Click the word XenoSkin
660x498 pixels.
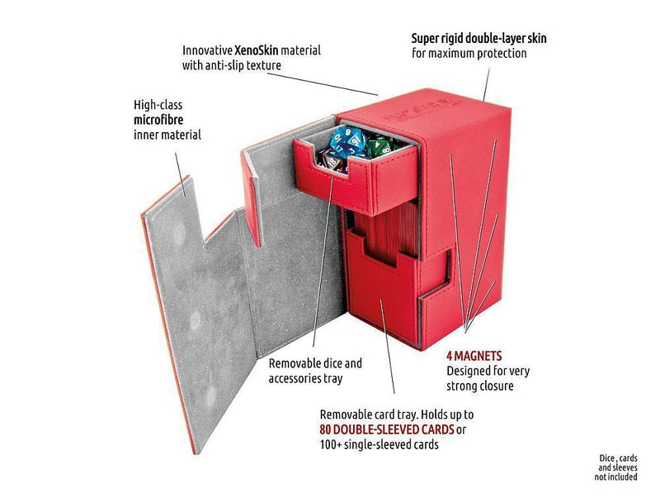[257, 50]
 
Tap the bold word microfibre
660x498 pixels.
[158, 120]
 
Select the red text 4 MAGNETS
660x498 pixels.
[474, 357]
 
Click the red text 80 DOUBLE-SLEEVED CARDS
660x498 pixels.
[387, 429]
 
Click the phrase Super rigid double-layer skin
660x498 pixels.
[479, 39]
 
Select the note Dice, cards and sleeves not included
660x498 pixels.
[617, 467]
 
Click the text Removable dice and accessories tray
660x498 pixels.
[315, 371]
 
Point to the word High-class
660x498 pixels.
[158, 105]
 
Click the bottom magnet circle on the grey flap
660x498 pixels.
[210, 396]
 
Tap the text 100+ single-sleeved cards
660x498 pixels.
[379, 444]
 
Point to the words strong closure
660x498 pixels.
[480, 386]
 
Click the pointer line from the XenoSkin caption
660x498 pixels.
[323, 84]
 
